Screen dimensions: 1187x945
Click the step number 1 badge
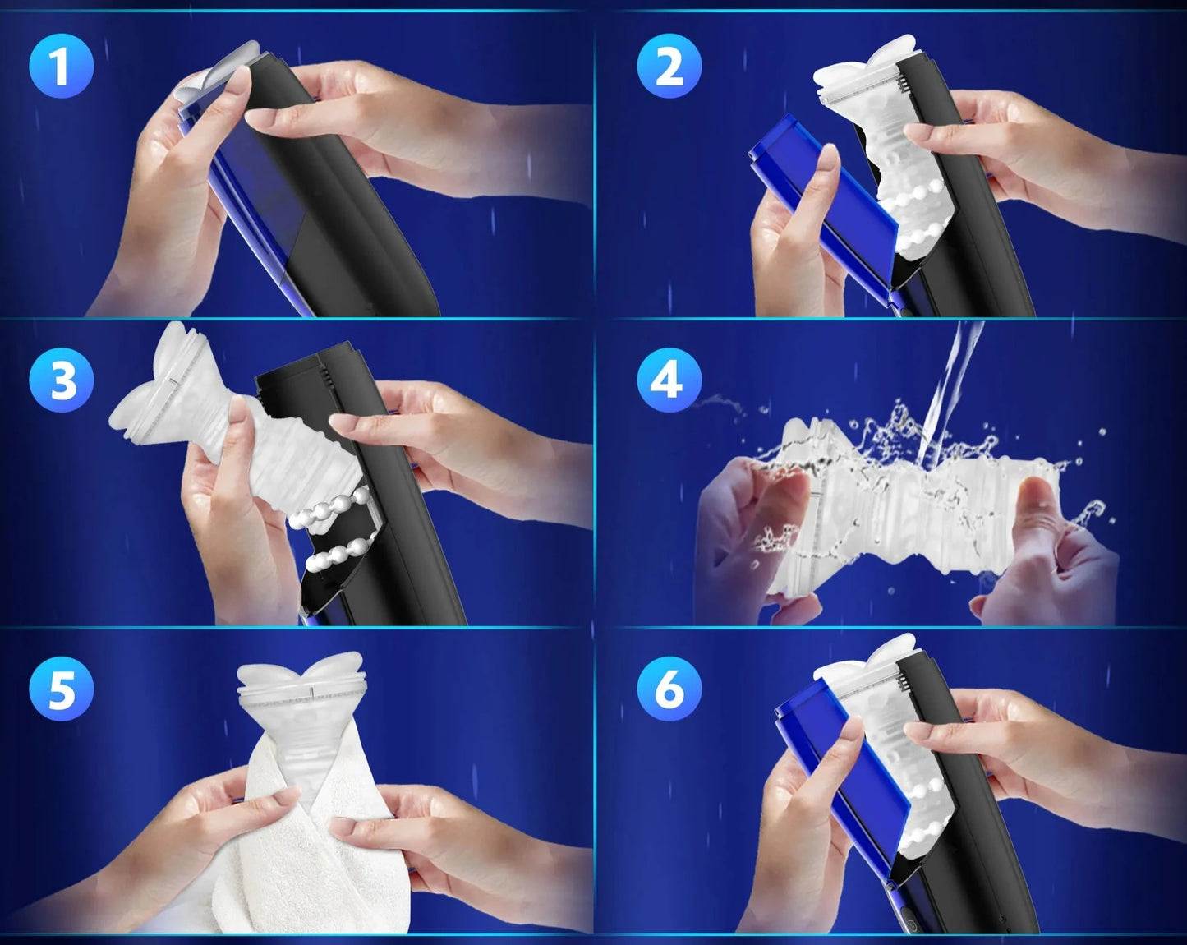point(62,66)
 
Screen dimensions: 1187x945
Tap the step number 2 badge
point(669,66)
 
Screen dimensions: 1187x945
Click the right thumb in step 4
point(1042,514)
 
